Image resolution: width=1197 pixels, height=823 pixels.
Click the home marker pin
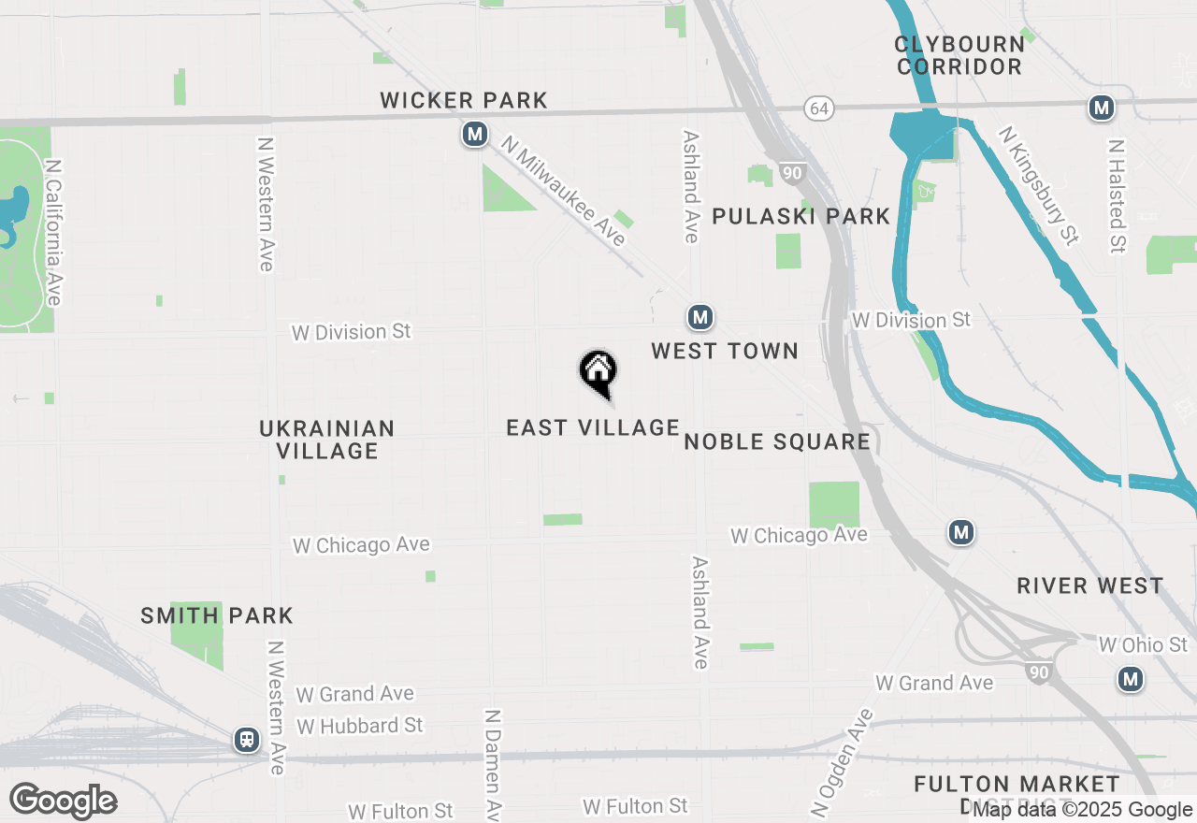[598, 372]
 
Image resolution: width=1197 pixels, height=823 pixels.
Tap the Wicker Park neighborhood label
[464, 100]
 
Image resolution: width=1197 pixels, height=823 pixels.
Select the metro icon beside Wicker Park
[475, 135]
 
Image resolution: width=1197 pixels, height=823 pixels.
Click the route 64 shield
[819, 108]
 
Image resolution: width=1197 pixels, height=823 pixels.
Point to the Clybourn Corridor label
[959, 55]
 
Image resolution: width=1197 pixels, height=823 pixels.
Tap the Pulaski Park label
[801, 216]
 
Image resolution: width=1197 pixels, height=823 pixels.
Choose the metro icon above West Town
[700, 318]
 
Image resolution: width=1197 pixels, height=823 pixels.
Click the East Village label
[593, 427]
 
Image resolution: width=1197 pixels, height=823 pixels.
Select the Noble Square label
[778, 441]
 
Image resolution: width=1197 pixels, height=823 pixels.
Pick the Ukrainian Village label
[327, 440]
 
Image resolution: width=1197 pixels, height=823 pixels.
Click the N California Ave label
[52, 232]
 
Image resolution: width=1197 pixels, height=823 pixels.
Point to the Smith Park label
[217, 615]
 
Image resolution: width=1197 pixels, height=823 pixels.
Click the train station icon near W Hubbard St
[247, 740]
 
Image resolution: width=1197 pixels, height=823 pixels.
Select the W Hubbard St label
[360, 726]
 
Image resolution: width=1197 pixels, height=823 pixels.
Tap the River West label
[1090, 585]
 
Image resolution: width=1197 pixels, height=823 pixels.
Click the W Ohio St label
[1143, 645]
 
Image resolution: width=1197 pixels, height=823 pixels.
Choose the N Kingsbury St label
[1038, 187]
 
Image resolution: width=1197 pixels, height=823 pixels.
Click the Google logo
[64, 801]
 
